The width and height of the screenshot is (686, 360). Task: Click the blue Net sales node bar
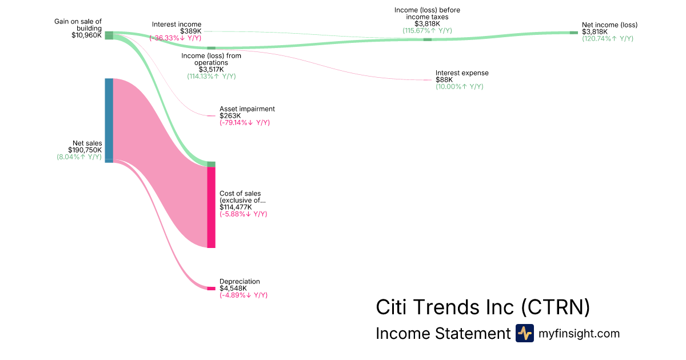coord(109,121)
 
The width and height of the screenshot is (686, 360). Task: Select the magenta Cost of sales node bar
coord(212,207)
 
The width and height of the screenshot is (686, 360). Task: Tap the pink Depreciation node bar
coord(212,289)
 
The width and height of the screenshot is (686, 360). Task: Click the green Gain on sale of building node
coord(109,35)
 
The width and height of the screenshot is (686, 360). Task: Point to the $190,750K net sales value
coord(85,150)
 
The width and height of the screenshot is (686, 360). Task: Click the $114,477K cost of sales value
coord(236,207)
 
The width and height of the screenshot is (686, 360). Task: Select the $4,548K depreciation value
coord(233,289)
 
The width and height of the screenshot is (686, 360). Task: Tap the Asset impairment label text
coord(247,109)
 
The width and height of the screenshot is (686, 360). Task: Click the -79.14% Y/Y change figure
coord(245,123)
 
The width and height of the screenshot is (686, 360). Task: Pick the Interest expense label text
coord(462,73)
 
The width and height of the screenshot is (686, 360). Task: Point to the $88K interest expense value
coord(444,80)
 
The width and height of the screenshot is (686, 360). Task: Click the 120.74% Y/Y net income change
coord(608,39)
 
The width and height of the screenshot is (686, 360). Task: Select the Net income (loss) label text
coord(610,25)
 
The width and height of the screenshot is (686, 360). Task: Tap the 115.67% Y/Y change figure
coord(427,31)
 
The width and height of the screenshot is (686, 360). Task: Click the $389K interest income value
coord(191,31)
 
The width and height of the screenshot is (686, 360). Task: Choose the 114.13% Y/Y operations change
coord(212,76)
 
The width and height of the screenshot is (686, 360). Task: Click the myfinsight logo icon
coord(525,333)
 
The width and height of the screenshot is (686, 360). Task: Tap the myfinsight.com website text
coord(579,333)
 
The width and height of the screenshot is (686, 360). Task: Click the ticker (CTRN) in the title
coord(555,307)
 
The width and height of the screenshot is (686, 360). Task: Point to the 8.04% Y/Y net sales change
coord(79,157)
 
